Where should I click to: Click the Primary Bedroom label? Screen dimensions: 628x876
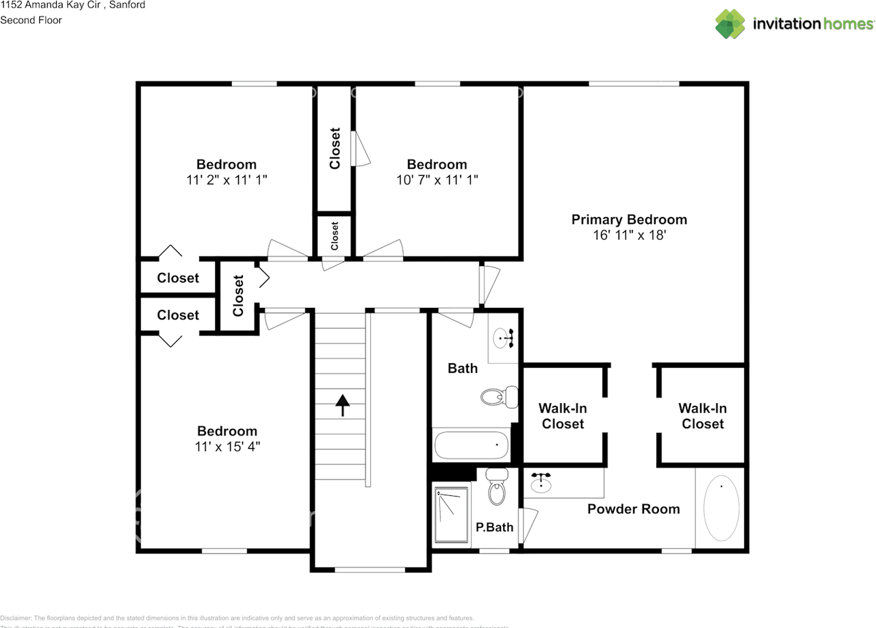(629, 220)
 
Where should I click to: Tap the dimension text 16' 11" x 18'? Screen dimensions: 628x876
(629, 235)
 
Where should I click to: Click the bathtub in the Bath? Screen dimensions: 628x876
(472, 445)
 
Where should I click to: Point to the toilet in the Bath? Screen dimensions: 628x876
(498, 396)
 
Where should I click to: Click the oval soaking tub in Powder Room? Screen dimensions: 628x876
(721, 510)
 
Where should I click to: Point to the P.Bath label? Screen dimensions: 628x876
(494, 527)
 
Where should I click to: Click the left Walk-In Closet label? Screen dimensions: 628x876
(563, 416)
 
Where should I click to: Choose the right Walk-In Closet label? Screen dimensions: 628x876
(702, 416)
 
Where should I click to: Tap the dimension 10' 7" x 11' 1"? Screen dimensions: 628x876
(437, 180)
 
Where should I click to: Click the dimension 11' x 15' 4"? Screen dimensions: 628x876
(227, 447)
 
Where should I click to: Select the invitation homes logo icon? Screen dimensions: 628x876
(730, 24)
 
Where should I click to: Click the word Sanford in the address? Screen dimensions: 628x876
(127, 5)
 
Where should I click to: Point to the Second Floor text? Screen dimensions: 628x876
(31, 20)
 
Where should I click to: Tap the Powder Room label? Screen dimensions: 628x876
(633, 509)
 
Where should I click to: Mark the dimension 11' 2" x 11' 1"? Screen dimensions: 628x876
(226, 180)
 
